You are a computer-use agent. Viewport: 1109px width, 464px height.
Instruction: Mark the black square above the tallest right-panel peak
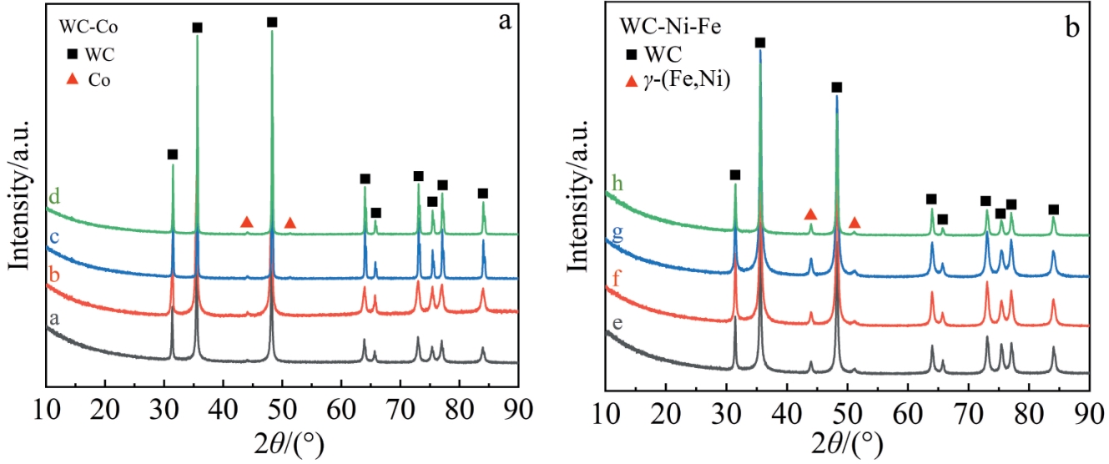coord(759,43)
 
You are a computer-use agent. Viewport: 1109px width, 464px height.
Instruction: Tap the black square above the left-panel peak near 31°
coord(173,154)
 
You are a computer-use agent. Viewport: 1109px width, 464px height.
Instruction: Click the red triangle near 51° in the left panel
coord(290,222)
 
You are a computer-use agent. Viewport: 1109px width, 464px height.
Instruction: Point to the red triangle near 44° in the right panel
coord(809,214)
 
